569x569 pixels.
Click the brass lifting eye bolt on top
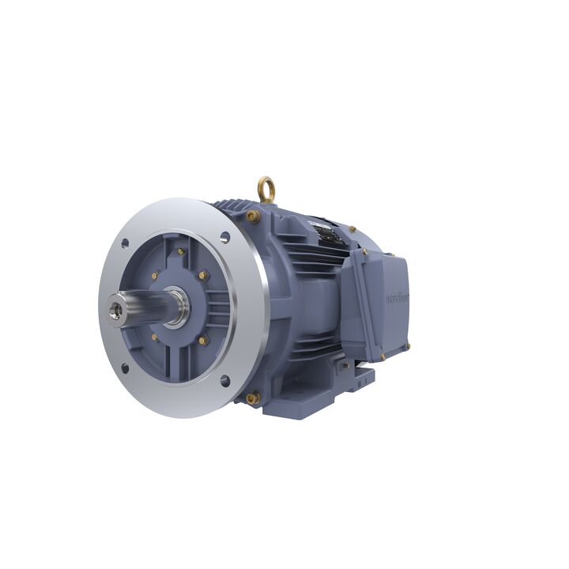point(266,189)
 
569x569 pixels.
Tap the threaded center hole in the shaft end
point(116,301)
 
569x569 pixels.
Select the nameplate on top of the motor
point(326,232)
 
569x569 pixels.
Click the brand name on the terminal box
point(397,298)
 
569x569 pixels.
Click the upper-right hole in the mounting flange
point(225,236)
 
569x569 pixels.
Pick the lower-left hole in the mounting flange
point(124,367)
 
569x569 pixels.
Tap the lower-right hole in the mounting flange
point(224,380)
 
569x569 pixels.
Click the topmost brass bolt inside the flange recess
point(181,251)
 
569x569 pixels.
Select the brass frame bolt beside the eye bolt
point(252,214)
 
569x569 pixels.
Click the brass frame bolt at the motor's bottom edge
point(253,398)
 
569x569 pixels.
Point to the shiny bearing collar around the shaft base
point(176,307)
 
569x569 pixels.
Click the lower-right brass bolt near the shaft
point(202,340)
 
